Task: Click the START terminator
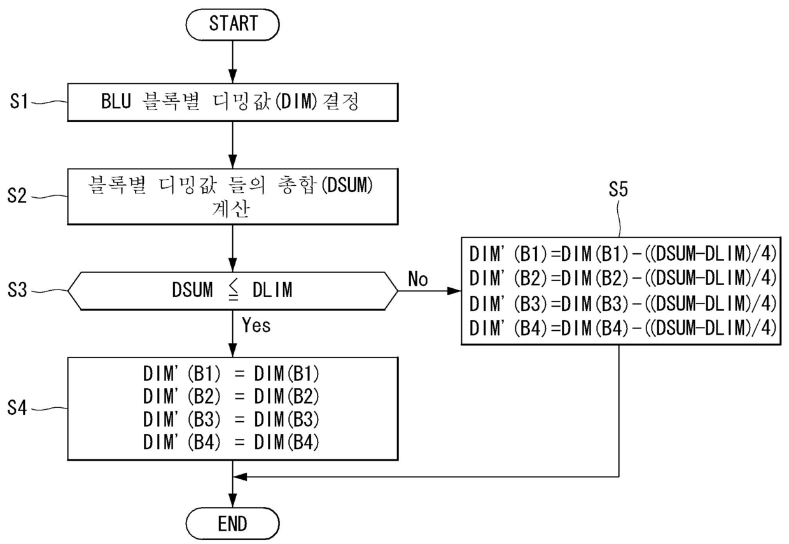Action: (232, 24)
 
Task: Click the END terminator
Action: (232, 523)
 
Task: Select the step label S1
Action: (18, 102)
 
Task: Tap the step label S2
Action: (17, 195)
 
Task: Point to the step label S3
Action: (17, 291)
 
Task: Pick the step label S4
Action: (17, 408)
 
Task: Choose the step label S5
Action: (618, 189)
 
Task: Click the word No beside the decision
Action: (418, 279)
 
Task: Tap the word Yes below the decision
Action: (256, 325)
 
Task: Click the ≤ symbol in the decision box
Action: (233, 291)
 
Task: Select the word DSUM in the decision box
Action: (192, 290)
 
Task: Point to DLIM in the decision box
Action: (272, 290)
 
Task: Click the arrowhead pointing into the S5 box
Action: (454, 291)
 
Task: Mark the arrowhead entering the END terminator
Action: (232, 501)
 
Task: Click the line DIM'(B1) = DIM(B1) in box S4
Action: (231, 374)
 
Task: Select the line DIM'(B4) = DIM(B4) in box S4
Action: (231, 442)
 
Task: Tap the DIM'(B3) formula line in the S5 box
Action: (622, 303)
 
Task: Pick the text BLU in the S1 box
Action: (116, 101)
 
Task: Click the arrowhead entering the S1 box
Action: (232, 76)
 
